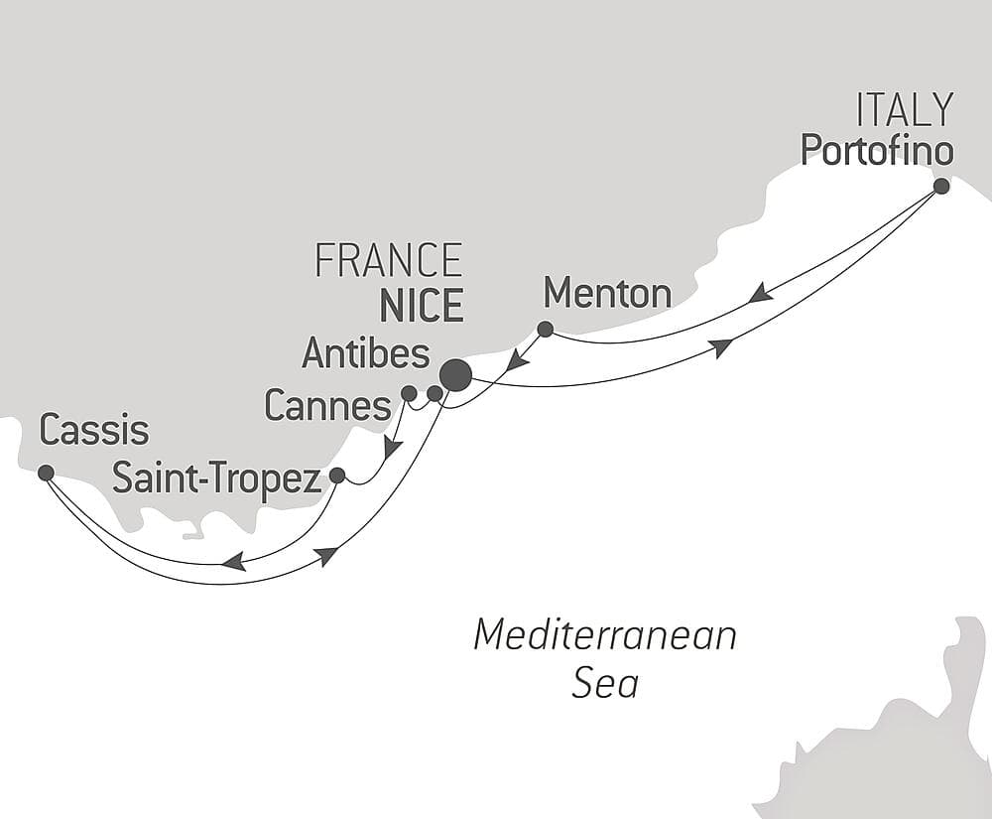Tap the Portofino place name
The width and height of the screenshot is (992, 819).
click(876, 150)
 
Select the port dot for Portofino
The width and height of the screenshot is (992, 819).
click(941, 186)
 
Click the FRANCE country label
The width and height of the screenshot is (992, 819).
click(388, 261)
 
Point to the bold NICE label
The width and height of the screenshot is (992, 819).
click(421, 307)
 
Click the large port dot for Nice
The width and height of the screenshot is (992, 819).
click(455, 375)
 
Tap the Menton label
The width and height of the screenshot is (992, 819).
click(607, 294)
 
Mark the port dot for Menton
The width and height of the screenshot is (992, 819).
click(545, 329)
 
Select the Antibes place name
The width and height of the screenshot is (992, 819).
click(366, 353)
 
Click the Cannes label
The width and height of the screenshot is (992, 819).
click(327, 405)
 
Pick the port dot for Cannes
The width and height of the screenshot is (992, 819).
click(409, 393)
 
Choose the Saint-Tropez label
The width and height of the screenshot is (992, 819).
click(216, 478)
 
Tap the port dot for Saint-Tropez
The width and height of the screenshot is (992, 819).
click(336, 476)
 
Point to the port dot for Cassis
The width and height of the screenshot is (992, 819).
click(46, 473)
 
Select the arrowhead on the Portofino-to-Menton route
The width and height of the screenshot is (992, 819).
click(760, 294)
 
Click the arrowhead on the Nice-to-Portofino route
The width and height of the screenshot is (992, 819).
click(721, 346)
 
